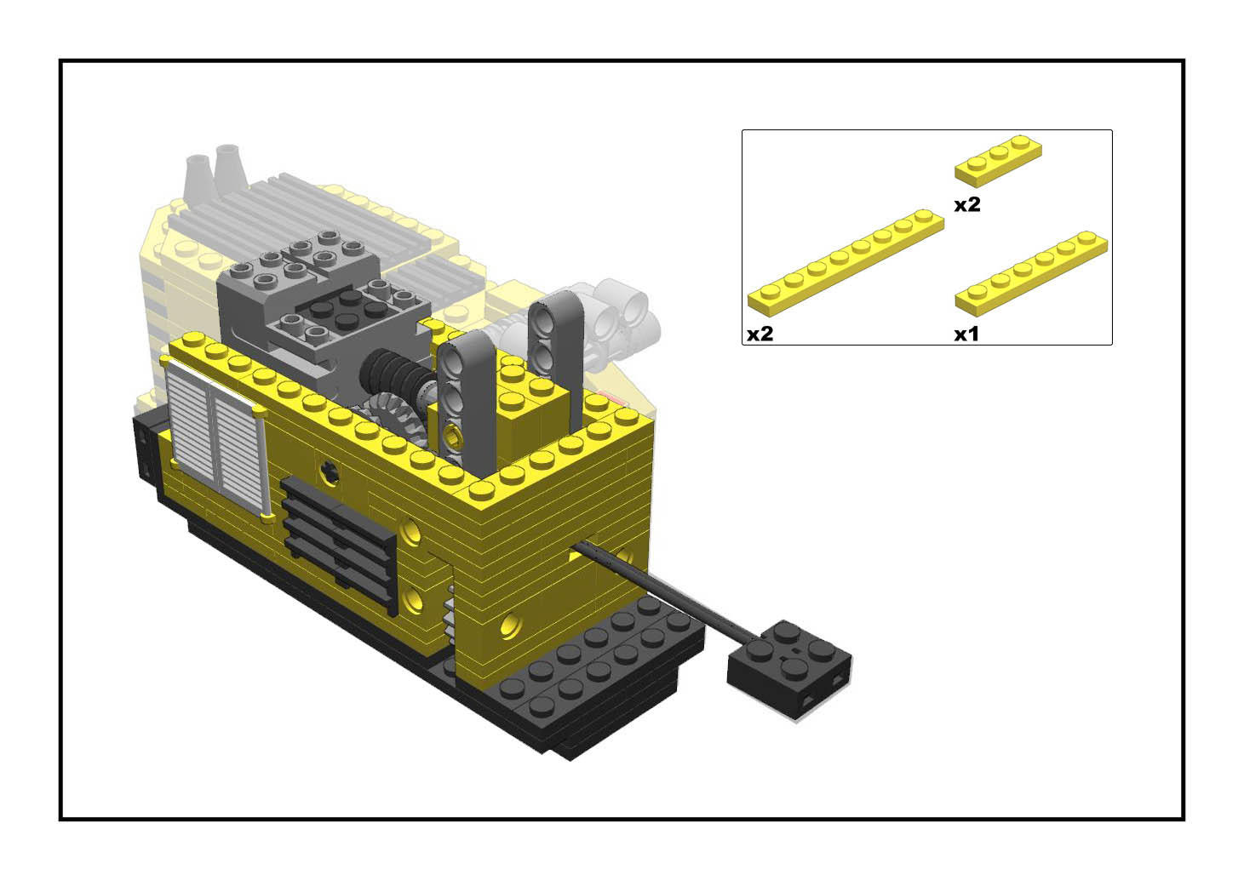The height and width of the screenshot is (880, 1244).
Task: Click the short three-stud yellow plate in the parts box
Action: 998,161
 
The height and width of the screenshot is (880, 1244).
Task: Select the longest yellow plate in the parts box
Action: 846,263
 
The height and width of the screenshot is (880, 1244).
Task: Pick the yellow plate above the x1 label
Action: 1031,273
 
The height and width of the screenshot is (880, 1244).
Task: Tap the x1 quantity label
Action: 966,334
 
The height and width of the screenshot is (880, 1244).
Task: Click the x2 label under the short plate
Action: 967,204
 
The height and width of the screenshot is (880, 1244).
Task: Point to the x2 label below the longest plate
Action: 760,334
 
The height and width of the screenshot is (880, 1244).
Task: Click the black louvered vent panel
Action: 340,546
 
